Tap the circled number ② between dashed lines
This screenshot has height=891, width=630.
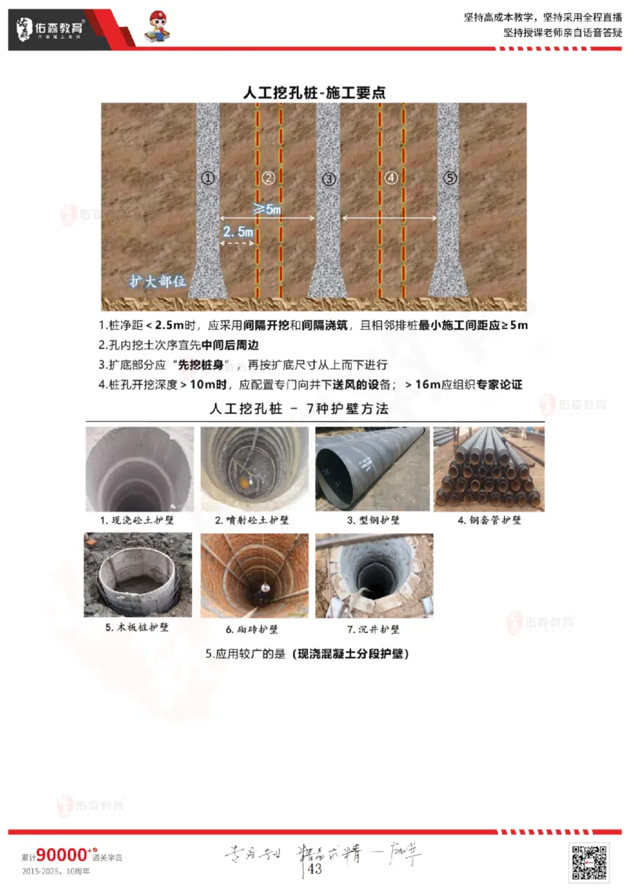pyautogui.click(x=269, y=178)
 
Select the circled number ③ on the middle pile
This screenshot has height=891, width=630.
pyautogui.click(x=328, y=179)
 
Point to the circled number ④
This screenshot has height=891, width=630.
pyautogui.click(x=391, y=178)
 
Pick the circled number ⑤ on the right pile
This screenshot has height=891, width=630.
pyautogui.click(x=450, y=178)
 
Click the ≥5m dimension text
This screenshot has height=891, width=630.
pyautogui.click(x=268, y=209)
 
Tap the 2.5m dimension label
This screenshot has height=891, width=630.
pyautogui.click(x=238, y=232)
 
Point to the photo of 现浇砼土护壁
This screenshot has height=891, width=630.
pyautogui.click(x=139, y=469)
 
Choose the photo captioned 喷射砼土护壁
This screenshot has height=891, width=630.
pyautogui.click(x=254, y=469)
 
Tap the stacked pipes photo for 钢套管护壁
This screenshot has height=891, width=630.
pyautogui.click(x=488, y=469)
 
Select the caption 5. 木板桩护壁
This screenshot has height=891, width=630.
pyautogui.click(x=137, y=628)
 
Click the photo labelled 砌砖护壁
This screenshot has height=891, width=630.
pyautogui.click(x=254, y=575)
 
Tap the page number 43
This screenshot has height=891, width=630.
pyautogui.click(x=315, y=869)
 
